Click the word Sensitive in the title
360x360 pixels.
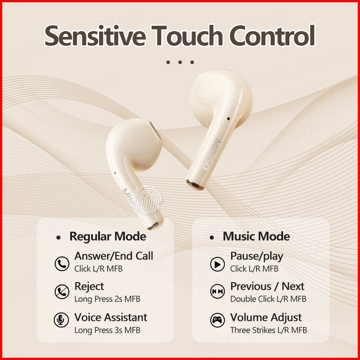point(95,36)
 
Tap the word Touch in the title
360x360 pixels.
point(187,36)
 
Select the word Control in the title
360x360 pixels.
point(272,36)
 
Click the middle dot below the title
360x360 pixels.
point(180,62)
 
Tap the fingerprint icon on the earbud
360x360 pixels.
point(148,200)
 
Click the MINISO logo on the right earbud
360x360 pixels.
point(212,154)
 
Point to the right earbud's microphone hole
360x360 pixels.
point(228,119)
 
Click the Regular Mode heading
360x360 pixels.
point(108,236)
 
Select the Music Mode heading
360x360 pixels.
point(256,236)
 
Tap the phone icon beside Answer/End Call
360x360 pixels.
point(62,264)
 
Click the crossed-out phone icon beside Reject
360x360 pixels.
point(62,292)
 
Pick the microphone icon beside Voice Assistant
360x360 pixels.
point(61,320)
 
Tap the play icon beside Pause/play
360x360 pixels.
point(217,264)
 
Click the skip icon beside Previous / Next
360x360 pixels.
point(217,292)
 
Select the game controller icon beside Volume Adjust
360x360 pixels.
point(217,320)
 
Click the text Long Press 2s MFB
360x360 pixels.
point(107,299)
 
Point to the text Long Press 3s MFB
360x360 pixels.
point(107,330)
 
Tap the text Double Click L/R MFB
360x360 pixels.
point(268,299)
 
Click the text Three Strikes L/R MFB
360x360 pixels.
point(268,330)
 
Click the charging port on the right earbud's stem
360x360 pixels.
point(195,184)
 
